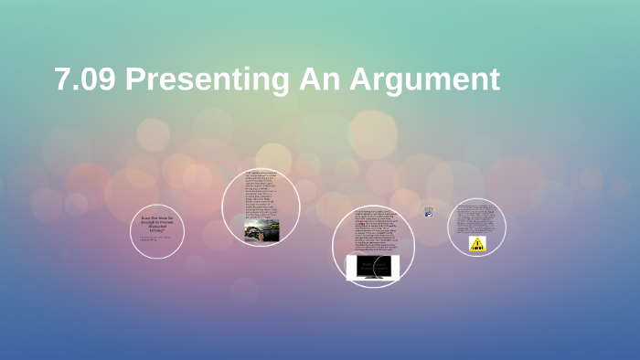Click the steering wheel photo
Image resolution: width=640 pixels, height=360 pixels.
point(261,230)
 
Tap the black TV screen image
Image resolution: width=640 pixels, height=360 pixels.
point(372,267)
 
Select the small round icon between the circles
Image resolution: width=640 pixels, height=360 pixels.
point(428,212)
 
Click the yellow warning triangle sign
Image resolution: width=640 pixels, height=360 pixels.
point(477,244)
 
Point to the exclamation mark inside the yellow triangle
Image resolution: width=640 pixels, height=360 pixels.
point(477,242)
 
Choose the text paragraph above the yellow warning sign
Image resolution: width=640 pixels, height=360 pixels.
point(476,218)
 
